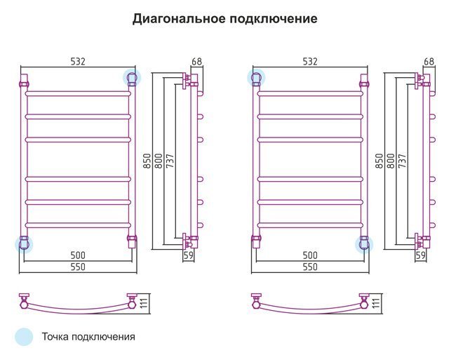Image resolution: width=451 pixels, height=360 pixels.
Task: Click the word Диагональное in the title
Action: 179,19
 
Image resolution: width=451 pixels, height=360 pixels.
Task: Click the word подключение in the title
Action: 274,19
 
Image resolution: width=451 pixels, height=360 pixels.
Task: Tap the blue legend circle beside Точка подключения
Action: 24,336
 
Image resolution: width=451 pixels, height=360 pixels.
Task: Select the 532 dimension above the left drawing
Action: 78,62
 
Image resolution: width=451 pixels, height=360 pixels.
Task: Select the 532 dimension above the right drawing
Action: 310,62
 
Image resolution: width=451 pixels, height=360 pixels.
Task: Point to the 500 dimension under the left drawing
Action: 78,255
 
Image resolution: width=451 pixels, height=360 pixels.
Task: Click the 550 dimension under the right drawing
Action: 310,267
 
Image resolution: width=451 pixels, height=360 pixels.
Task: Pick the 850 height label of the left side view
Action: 147,161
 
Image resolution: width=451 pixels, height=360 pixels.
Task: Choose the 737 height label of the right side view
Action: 403,161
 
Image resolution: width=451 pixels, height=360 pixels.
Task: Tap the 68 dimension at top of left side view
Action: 197,62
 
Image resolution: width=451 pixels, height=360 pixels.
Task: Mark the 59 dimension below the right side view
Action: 421,255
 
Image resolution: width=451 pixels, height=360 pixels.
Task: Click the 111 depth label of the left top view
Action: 144,303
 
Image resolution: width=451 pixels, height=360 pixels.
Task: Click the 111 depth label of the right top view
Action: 376,303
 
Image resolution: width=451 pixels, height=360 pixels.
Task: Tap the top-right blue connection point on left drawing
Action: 132,78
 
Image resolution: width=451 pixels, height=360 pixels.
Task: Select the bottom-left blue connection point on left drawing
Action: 24,245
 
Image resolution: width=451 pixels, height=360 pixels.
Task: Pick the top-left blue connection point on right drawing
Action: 256,78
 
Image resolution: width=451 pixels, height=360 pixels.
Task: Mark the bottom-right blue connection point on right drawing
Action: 364,245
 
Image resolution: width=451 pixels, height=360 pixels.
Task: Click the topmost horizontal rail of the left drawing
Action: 78,94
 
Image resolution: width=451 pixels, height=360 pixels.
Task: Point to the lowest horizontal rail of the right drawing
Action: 310,225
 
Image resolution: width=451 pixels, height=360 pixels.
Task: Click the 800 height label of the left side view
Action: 159,161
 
